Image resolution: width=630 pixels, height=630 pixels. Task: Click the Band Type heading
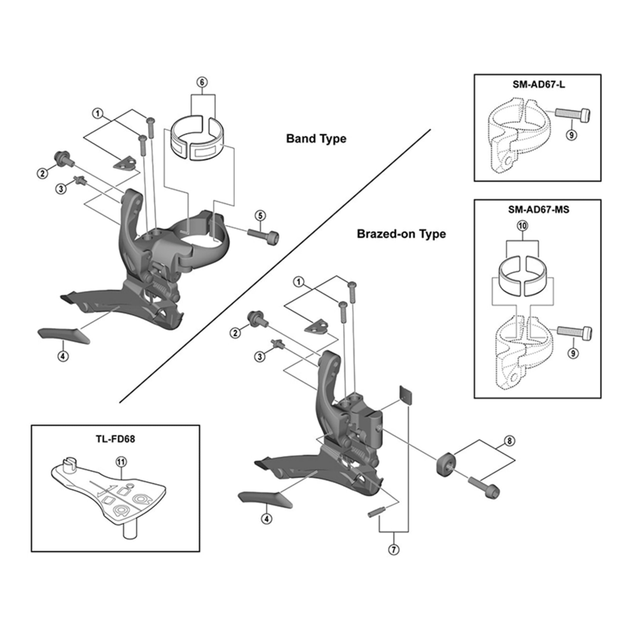317,139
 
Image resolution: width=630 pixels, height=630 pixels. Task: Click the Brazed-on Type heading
402,234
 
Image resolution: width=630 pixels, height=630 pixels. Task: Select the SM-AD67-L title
539,85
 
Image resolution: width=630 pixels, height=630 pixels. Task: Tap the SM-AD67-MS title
539,209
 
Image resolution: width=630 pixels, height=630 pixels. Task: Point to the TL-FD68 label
115,439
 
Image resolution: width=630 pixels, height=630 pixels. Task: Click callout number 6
202,83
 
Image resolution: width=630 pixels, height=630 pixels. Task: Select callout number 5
261,216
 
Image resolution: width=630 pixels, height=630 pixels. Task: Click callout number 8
509,441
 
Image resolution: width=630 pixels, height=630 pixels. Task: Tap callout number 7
394,549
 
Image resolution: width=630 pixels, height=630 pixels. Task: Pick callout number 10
522,226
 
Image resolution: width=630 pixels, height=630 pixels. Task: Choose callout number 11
120,462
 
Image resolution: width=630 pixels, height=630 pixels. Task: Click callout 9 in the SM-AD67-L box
571,135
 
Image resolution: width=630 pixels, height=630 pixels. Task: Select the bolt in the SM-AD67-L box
573,114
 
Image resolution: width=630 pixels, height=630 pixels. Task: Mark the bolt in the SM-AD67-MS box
575,332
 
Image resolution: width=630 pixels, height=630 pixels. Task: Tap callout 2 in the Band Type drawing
43,173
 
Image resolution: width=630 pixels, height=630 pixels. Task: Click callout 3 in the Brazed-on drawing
261,357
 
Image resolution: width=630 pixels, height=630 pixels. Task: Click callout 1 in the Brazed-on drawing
298,282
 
